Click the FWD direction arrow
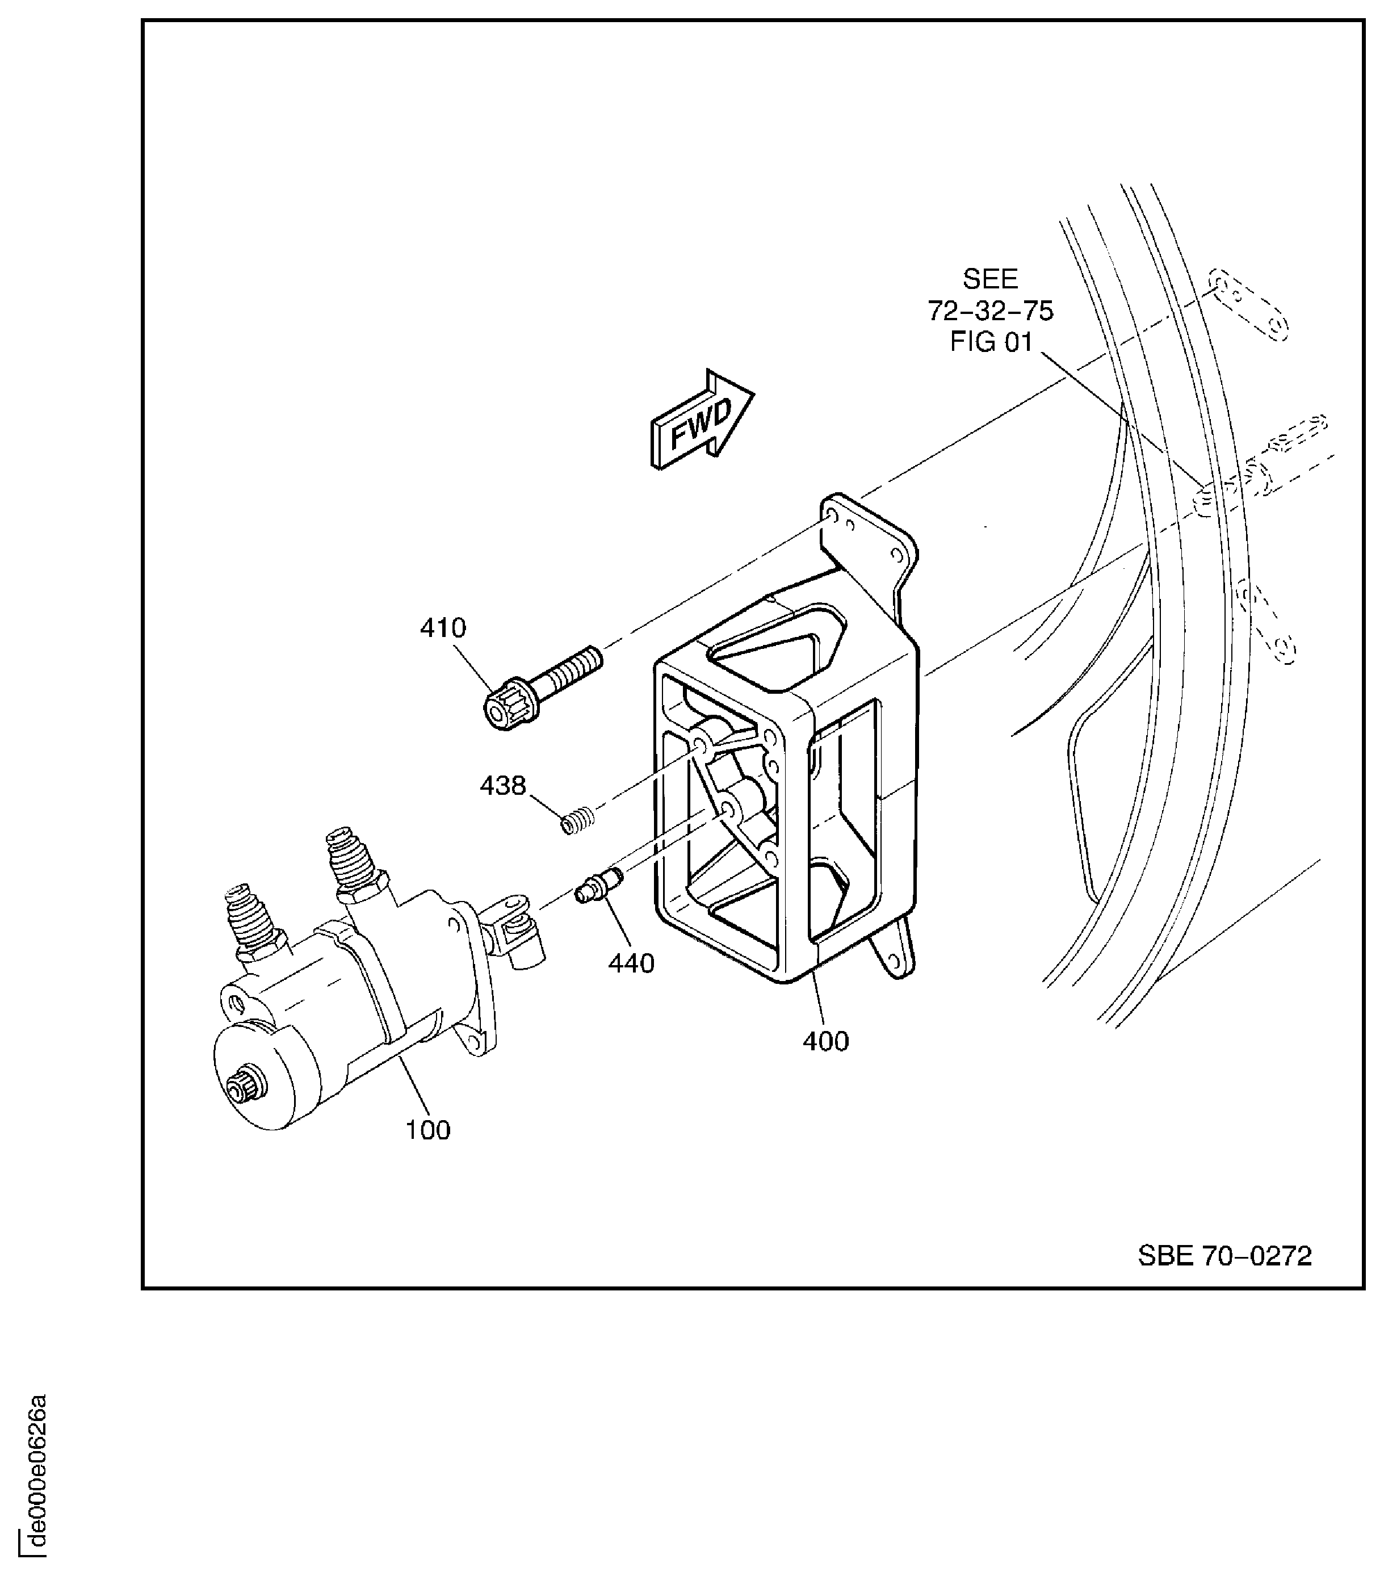tap(700, 420)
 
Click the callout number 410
tap(443, 628)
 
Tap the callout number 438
tap(503, 786)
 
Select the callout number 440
tap(631, 963)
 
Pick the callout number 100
tap(428, 1130)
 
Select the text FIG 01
tap(990, 342)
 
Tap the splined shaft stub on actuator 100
tap(246, 1089)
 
